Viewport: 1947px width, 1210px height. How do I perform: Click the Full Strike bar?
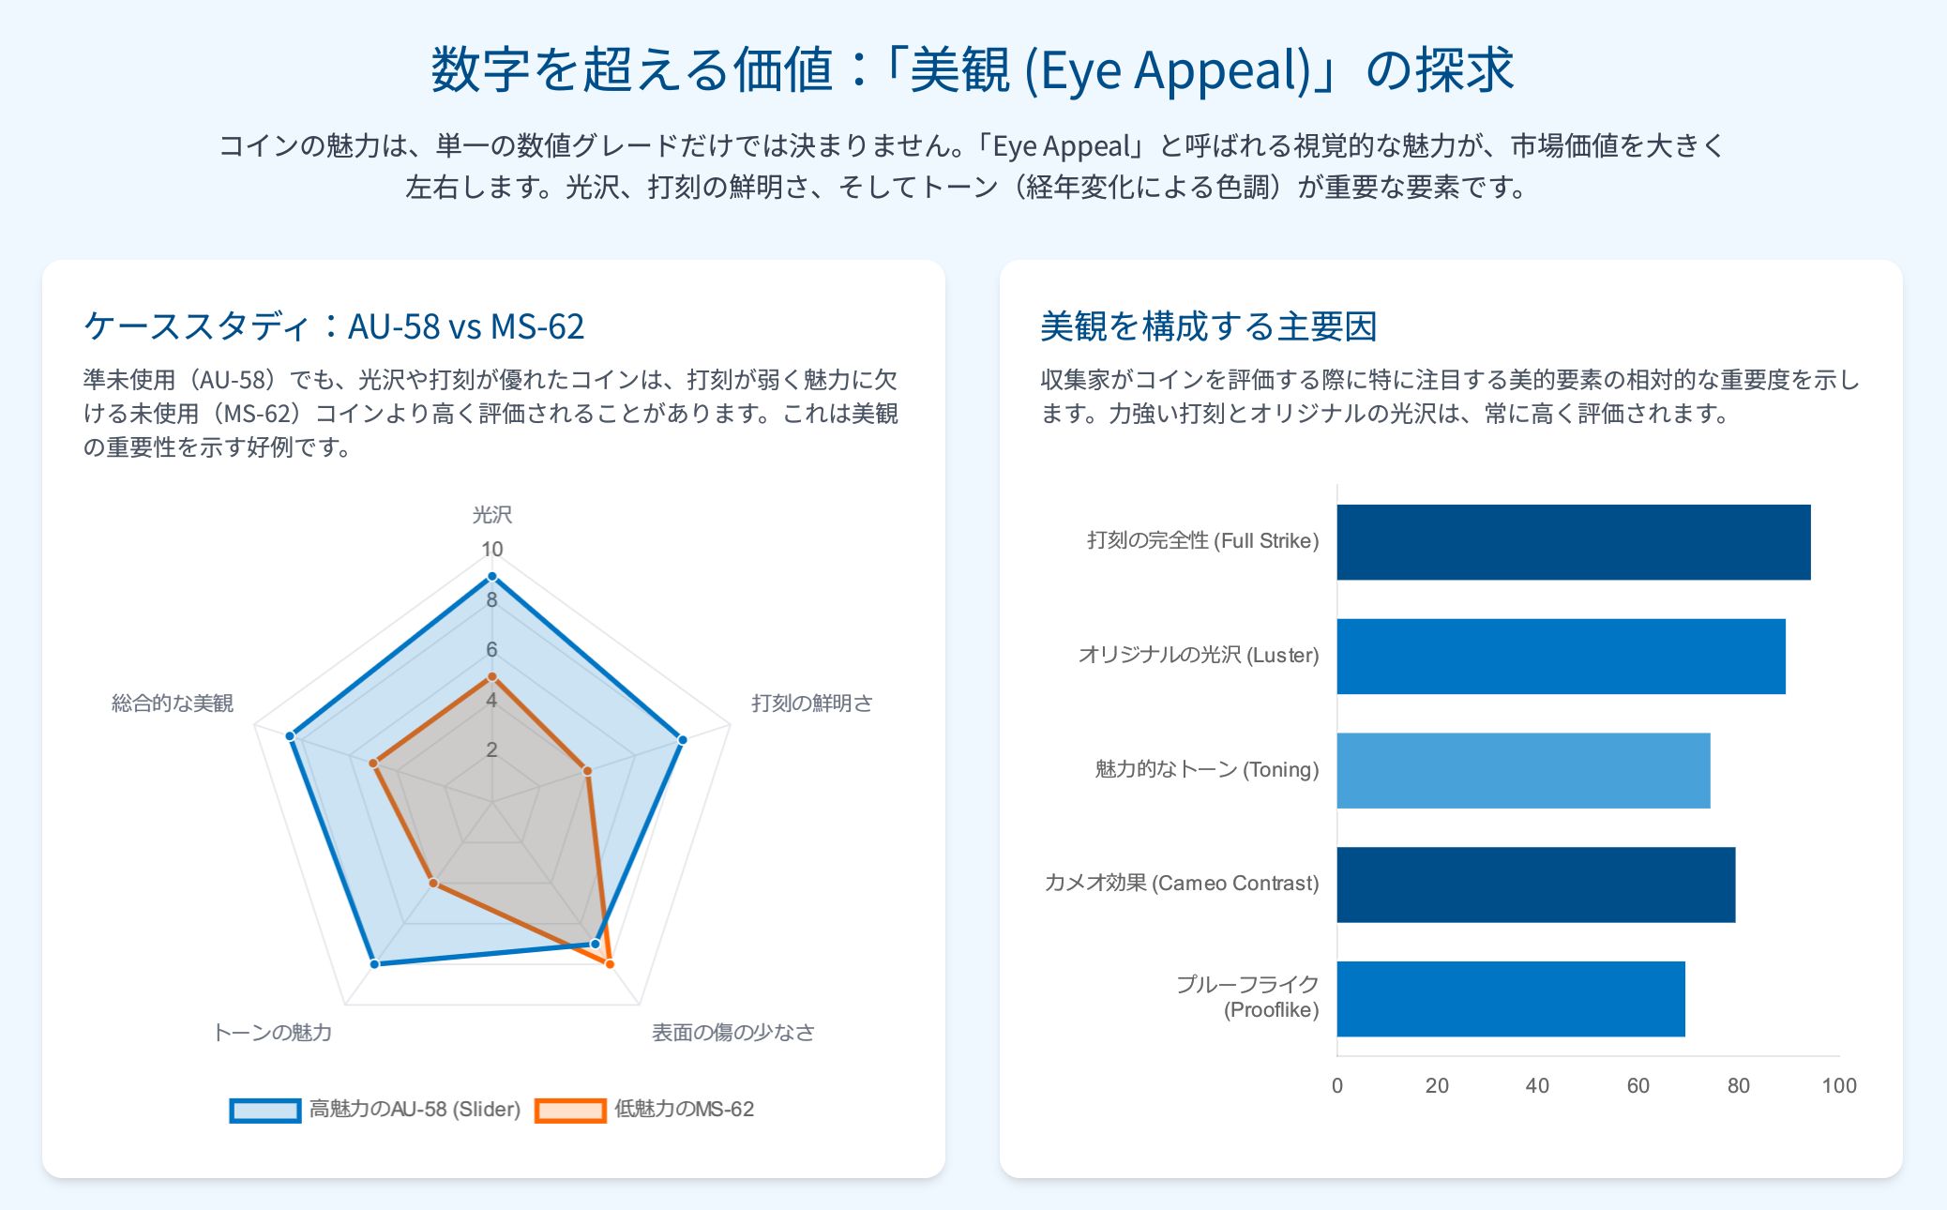pos(1574,542)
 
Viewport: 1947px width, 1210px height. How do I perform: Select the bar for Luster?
pos(1562,657)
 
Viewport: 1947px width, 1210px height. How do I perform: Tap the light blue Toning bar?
pos(1524,770)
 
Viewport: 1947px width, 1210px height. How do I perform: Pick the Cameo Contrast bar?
pos(1536,885)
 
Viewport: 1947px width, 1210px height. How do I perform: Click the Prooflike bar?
pos(1511,999)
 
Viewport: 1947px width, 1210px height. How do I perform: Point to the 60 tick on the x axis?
pos(1638,1085)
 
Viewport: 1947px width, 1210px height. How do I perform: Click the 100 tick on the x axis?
pos(1839,1085)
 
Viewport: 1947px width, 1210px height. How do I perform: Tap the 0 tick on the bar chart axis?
pos(1337,1085)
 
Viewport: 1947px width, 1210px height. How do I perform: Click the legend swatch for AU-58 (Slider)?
pos(265,1111)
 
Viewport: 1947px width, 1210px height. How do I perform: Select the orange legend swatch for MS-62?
pos(570,1111)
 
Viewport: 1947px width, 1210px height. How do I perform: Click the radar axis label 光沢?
pos(492,514)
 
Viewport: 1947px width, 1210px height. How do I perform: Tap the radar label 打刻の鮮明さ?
pos(812,703)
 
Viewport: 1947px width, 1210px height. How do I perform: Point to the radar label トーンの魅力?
pos(273,1032)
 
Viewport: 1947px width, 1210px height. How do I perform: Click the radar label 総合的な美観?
pos(173,703)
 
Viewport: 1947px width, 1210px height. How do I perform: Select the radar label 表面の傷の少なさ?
pos(733,1032)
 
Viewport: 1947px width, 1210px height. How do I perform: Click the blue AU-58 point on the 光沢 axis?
pos(491,577)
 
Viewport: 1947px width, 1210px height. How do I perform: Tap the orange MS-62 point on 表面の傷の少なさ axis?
pos(610,963)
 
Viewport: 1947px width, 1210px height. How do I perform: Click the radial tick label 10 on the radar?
pos(492,550)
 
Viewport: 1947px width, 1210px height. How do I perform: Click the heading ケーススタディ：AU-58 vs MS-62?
pos(334,326)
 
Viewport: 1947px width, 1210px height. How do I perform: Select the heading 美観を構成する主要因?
pos(1209,326)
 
